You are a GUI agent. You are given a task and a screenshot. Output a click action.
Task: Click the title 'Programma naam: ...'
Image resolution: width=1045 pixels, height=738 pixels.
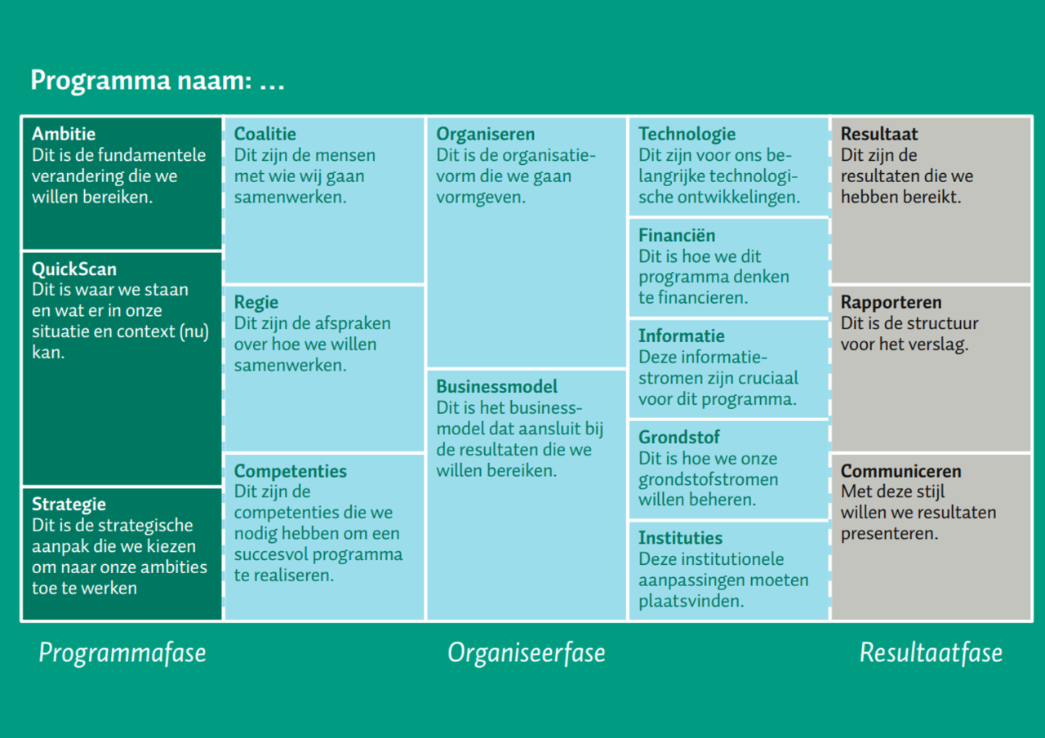point(158,81)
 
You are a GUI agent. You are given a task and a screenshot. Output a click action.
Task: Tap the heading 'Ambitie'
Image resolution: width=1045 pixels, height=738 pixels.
point(64,135)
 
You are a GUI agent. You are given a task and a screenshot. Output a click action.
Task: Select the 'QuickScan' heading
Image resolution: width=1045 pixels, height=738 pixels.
point(74,269)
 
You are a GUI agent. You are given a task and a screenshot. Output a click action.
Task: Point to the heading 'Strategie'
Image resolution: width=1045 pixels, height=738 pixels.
point(69,505)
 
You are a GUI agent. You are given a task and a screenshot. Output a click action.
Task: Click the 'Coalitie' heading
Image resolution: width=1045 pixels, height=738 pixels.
point(265,135)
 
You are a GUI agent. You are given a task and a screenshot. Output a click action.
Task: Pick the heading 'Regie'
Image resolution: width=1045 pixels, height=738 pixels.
point(256,303)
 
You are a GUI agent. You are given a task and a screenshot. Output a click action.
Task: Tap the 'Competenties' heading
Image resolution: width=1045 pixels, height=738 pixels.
point(290,471)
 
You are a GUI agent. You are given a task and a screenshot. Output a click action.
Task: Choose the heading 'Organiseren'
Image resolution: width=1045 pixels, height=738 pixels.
point(486,135)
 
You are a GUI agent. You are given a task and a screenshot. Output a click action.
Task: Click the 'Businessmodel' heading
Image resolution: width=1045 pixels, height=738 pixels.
point(497,387)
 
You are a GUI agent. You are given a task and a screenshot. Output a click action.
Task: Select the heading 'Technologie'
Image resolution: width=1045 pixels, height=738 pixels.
point(687,135)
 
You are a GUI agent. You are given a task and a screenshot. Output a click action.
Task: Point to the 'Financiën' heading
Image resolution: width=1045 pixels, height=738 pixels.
point(677,236)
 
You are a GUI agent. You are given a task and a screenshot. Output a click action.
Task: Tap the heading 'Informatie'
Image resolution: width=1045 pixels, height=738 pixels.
point(682,336)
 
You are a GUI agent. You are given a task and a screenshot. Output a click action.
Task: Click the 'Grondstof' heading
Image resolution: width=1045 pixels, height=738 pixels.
point(679,437)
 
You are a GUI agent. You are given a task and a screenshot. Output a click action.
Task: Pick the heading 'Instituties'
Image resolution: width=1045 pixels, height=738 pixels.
point(681,538)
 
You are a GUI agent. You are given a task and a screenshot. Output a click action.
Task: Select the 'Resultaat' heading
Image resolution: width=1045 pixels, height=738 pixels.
point(879,135)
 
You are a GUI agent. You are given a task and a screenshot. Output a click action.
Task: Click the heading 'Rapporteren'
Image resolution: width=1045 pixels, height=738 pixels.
point(891,303)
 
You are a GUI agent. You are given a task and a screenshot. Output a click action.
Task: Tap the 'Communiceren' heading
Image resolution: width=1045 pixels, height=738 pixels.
point(900,471)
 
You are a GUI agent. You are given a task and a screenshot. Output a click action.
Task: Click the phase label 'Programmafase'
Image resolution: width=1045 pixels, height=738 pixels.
point(122,653)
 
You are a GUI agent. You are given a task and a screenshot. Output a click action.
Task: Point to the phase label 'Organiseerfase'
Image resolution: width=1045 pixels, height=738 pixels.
point(527,653)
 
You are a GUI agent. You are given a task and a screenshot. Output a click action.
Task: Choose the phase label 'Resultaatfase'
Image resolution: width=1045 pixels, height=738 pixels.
point(932,652)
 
